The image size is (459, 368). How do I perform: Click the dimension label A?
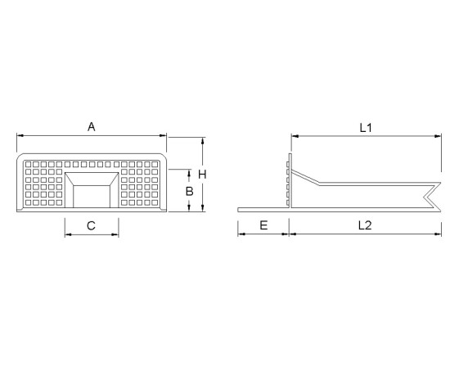click(x=92, y=127)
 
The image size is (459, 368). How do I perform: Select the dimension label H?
click(x=202, y=175)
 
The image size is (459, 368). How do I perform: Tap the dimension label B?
click(x=189, y=192)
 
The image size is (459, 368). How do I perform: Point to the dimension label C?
click(x=91, y=225)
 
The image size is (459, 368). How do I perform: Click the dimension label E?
click(x=263, y=225)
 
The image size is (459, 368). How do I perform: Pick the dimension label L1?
click(x=366, y=128)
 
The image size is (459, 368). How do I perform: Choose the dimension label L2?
click(x=365, y=225)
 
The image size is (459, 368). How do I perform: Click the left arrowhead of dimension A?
click(x=20, y=135)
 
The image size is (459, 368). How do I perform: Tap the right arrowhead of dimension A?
click(x=164, y=135)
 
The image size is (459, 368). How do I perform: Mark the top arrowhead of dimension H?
click(x=203, y=140)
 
